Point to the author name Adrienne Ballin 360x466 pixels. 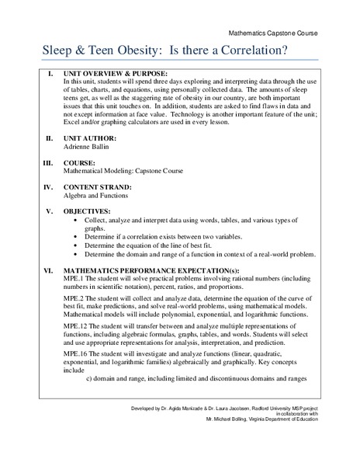tap(88, 146)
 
